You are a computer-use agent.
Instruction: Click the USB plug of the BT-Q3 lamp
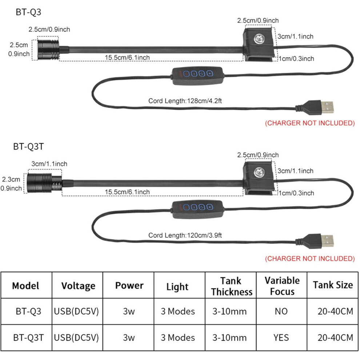click(x=315, y=107)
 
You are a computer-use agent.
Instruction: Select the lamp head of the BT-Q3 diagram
click(x=48, y=49)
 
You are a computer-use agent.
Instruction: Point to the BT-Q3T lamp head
click(x=44, y=183)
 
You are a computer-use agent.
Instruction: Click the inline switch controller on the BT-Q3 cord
click(x=197, y=75)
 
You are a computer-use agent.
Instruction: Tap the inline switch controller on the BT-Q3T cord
click(x=197, y=209)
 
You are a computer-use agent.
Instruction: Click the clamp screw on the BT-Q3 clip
click(x=259, y=38)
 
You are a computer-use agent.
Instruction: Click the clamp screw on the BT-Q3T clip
click(x=259, y=172)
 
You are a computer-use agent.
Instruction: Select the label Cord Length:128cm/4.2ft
click(x=185, y=101)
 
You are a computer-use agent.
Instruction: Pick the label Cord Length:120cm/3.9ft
click(x=185, y=235)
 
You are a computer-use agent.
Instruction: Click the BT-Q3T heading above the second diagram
click(x=28, y=147)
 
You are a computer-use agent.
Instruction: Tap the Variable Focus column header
click(x=282, y=286)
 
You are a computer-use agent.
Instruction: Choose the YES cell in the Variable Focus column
click(x=281, y=337)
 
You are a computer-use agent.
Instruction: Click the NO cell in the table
click(x=281, y=311)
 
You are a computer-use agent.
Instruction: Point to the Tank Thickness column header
click(x=232, y=286)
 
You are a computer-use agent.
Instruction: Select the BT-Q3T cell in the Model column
click(x=28, y=337)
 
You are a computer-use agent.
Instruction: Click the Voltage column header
click(x=78, y=286)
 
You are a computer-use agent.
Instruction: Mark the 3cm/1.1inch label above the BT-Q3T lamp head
click(x=49, y=164)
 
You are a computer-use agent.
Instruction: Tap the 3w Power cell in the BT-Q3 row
click(x=129, y=311)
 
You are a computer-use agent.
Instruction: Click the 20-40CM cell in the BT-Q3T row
click(x=335, y=337)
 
